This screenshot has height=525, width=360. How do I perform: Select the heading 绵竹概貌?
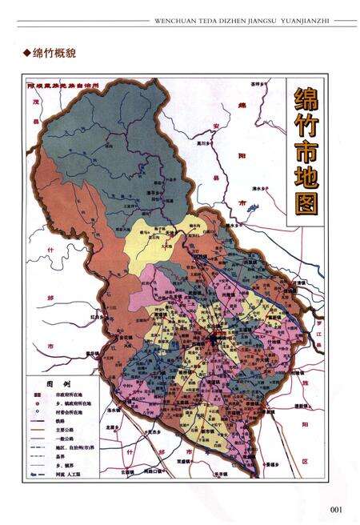click(x=54, y=54)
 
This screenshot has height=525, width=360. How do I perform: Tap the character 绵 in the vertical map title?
click(x=306, y=103)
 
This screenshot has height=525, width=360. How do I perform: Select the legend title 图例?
click(x=57, y=383)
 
